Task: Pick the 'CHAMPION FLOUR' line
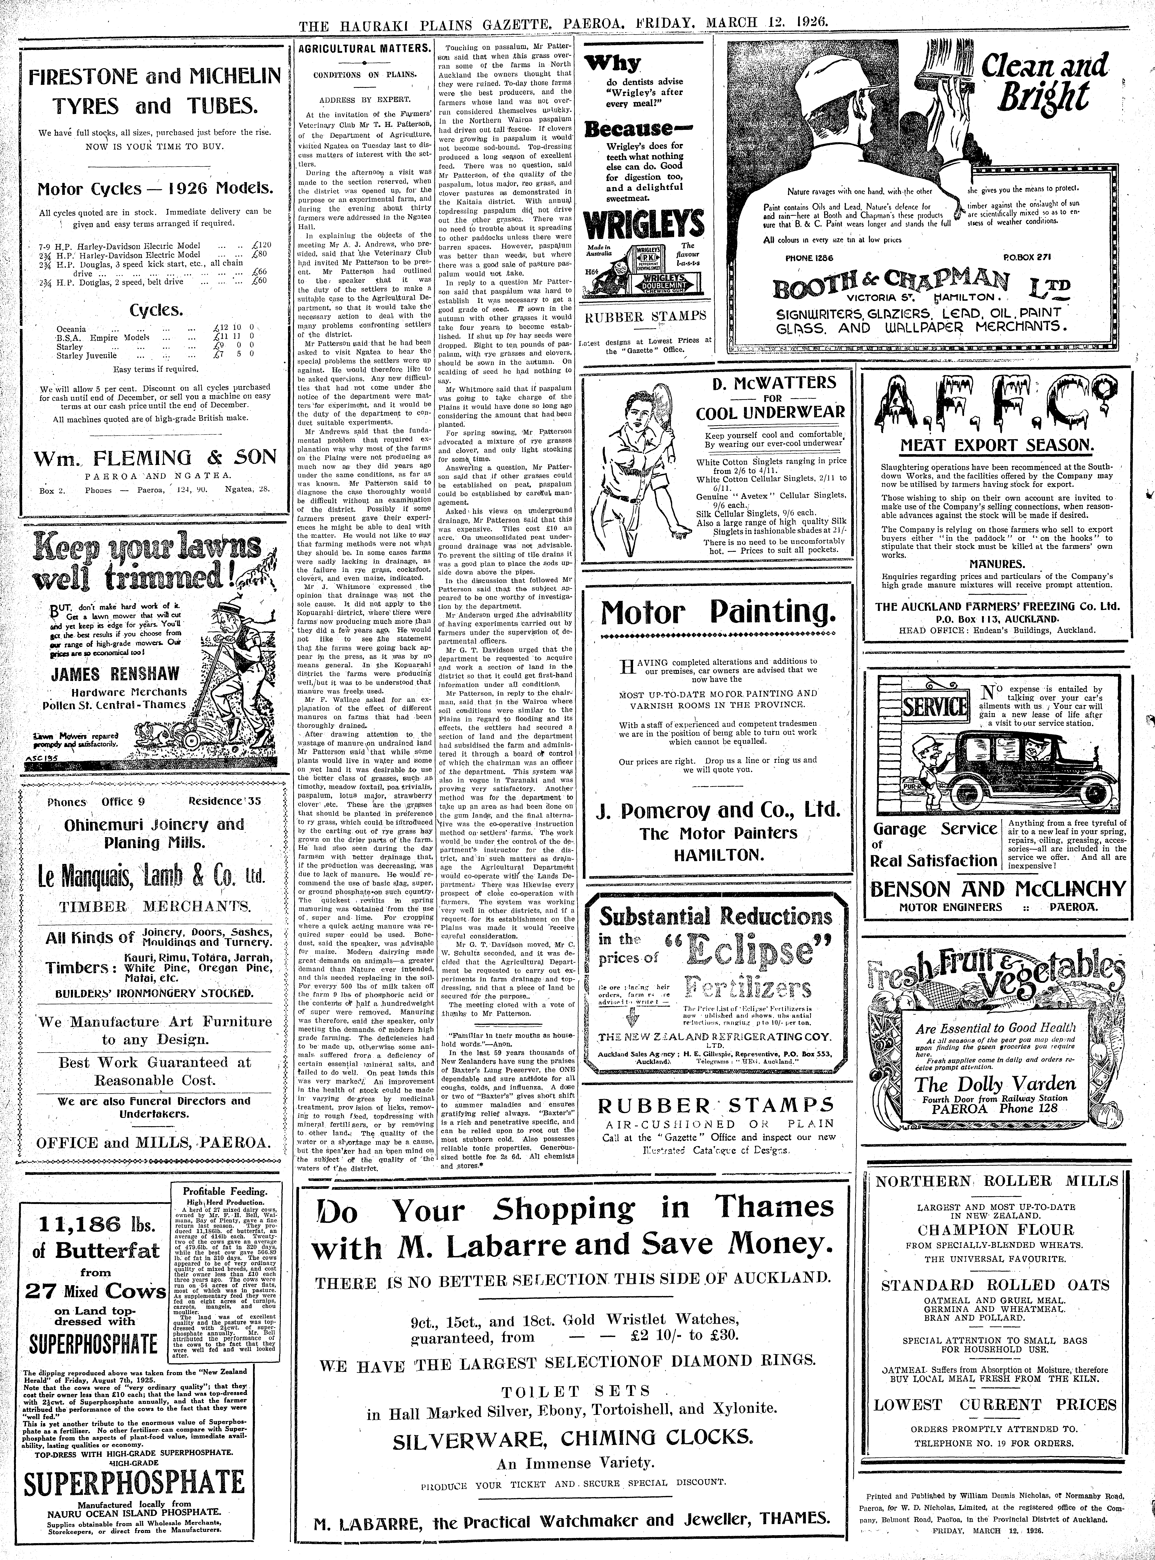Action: pos(996,1229)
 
